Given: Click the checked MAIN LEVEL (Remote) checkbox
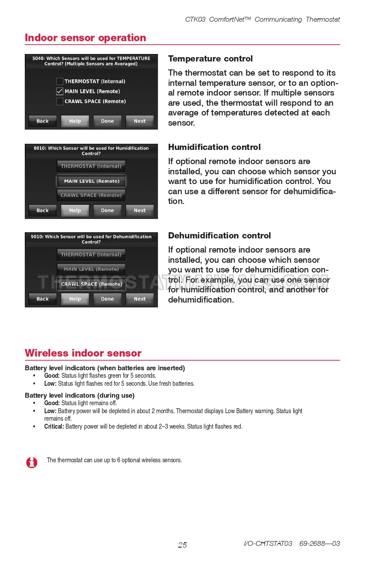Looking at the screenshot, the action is (59, 91).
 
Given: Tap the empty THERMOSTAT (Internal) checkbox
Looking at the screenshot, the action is (59, 81).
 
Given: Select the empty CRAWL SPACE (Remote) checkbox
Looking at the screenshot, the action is (59, 101).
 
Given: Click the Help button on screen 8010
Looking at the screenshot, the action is (75, 211).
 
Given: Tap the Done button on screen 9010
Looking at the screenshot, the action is (108, 299).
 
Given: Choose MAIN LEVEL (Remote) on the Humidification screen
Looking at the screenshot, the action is (92, 181).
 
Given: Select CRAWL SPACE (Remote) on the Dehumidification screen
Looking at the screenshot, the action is (92, 284).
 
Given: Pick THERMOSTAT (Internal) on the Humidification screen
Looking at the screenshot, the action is (91, 166).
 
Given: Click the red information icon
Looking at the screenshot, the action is (32, 462).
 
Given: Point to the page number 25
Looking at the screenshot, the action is (182, 545).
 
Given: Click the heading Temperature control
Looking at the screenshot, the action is (210, 59).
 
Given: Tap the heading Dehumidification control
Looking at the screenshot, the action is (219, 236).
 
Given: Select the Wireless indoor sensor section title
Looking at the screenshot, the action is (83, 353).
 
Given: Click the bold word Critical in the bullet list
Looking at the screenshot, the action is (54, 426).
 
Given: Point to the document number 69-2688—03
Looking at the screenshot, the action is (320, 544).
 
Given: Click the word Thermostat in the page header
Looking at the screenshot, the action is (323, 19).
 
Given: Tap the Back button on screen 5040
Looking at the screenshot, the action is (42, 121).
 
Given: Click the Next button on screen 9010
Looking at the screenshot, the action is (140, 299).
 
